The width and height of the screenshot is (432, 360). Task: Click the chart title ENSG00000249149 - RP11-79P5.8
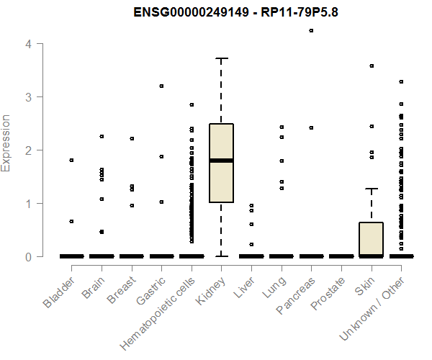point(217,13)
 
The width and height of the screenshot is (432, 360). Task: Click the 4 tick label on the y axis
point(27,44)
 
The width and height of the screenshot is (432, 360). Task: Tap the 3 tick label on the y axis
point(27,97)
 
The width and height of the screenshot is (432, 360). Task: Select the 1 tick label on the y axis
point(27,204)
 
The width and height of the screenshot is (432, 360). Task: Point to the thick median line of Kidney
point(221,161)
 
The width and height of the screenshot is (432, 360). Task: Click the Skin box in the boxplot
point(372,238)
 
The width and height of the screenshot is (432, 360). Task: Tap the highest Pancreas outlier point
point(311,31)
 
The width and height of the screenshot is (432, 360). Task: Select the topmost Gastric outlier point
point(161,86)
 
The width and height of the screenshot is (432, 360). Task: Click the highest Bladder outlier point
point(71,160)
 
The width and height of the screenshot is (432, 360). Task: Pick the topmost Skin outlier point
point(372,66)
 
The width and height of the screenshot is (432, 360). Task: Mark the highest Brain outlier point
point(102,136)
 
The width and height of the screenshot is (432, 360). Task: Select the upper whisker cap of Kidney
point(221,58)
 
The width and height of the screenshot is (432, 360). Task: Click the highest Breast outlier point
point(132,138)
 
